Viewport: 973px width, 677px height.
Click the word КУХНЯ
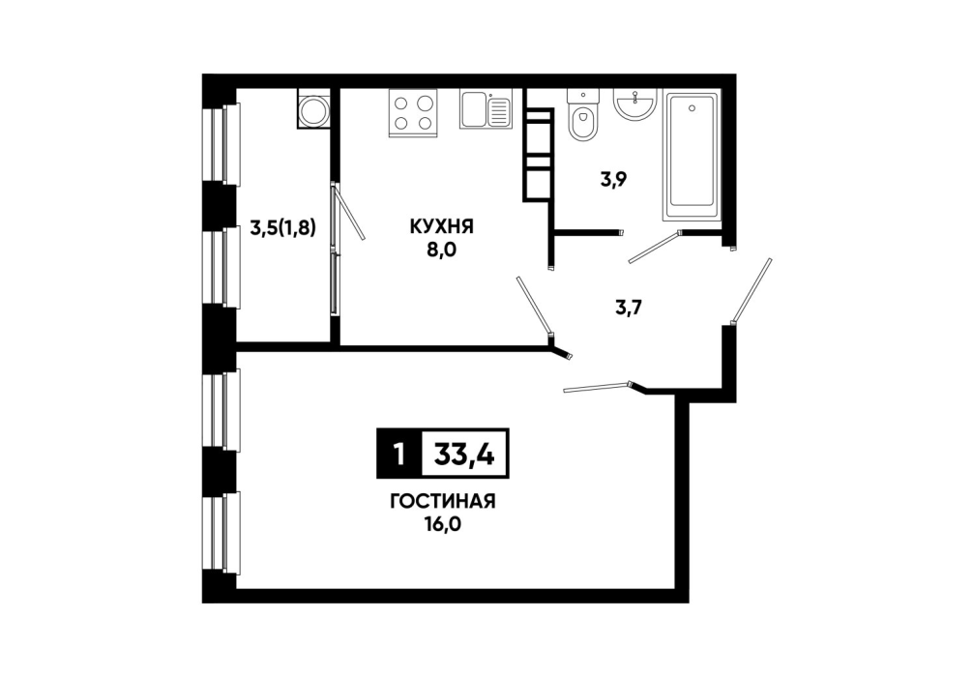pos(441,226)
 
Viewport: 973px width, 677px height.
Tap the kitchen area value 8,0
pos(441,251)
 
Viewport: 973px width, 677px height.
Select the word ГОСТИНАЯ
pos(442,501)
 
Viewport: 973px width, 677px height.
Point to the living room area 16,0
pos(442,525)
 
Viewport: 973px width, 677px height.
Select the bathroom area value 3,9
pos(613,180)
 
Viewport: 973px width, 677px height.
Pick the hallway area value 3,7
pos(628,307)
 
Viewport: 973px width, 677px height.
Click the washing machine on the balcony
pos(314,108)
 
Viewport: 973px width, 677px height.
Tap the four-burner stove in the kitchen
pos(413,112)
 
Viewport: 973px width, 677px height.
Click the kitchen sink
pos(486,109)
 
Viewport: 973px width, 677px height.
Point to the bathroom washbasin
pos(634,103)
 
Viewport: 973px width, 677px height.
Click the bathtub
pos(693,156)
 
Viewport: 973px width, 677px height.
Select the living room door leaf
pos(598,387)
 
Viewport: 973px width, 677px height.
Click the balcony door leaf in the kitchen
pos(349,212)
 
